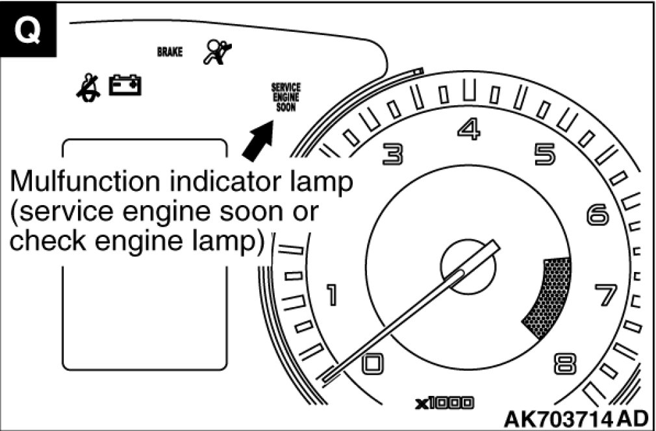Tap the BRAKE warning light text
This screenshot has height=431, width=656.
[170, 52]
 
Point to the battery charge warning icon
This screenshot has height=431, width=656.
[125, 85]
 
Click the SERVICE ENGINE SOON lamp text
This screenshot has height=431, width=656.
[286, 97]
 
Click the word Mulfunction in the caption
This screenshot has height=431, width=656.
[84, 181]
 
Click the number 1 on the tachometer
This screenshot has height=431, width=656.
[331, 296]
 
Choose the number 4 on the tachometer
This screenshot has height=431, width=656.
[468, 129]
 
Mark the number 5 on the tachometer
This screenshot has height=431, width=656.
[545, 154]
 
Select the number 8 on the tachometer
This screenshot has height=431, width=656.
[564, 364]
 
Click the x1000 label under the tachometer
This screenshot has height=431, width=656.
[445, 403]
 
